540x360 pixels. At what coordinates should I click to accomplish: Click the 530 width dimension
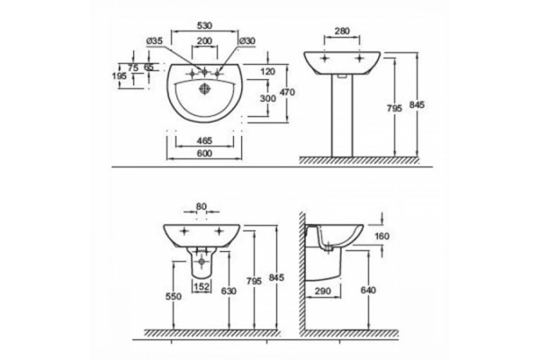coord(204,25)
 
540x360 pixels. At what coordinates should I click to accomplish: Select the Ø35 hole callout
coord(154,40)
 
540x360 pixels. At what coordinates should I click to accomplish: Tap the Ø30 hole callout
coord(247,40)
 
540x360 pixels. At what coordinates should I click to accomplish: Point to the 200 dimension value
coord(204,40)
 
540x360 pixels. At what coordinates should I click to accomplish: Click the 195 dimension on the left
coord(120,76)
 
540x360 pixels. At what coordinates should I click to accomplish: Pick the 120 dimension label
coord(268,72)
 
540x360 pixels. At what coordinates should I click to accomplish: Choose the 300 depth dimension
coord(268,98)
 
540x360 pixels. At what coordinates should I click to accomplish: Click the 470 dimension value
coord(287,93)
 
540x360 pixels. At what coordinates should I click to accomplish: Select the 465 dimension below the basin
coord(204,140)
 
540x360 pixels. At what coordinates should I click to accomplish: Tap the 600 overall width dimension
coord(204,153)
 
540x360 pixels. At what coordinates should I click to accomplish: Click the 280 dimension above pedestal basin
coord(342,31)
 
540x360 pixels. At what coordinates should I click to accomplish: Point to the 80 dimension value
coord(201,206)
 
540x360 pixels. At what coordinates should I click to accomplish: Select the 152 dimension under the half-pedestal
coord(202,286)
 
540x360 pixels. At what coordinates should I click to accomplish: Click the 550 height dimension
coord(173,296)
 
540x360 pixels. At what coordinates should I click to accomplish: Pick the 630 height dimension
coord(229,291)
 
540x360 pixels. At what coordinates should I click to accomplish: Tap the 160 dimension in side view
coord(382,236)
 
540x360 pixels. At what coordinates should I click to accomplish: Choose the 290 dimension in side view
coord(323,291)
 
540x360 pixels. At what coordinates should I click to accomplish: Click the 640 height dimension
coord(368,291)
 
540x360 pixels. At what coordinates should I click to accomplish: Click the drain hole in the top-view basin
coord(204,88)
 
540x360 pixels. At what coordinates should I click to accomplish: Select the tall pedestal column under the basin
coord(342,116)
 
